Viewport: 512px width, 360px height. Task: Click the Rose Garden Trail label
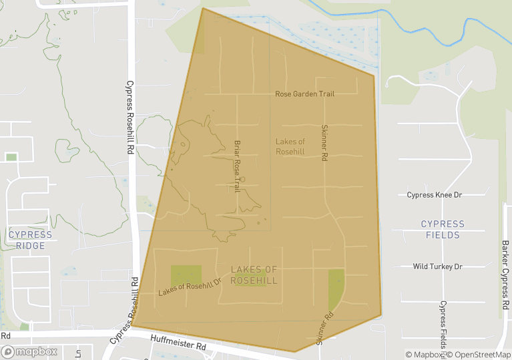pyautogui.click(x=304, y=94)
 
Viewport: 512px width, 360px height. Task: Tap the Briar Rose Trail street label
pyautogui.click(x=236, y=166)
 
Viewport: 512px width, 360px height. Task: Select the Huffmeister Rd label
pyautogui.click(x=178, y=344)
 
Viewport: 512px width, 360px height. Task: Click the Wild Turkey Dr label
pyautogui.click(x=437, y=266)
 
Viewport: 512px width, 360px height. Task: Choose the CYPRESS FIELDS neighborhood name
pyautogui.click(x=443, y=229)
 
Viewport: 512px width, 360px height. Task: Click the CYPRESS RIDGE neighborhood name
pyautogui.click(x=30, y=240)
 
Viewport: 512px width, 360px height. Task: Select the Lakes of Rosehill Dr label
pyautogui.click(x=190, y=288)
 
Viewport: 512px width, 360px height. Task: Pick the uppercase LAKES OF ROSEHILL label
pyautogui.click(x=254, y=275)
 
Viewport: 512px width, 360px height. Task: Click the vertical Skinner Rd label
pyautogui.click(x=324, y=143)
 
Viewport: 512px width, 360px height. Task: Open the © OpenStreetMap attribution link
pyautogui.click(x=479, y=355)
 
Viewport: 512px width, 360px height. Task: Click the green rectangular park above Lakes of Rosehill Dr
pyautogui.click(x=186, y=275)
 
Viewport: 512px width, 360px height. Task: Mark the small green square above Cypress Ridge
pyautogui.click(x=11, y=157)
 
